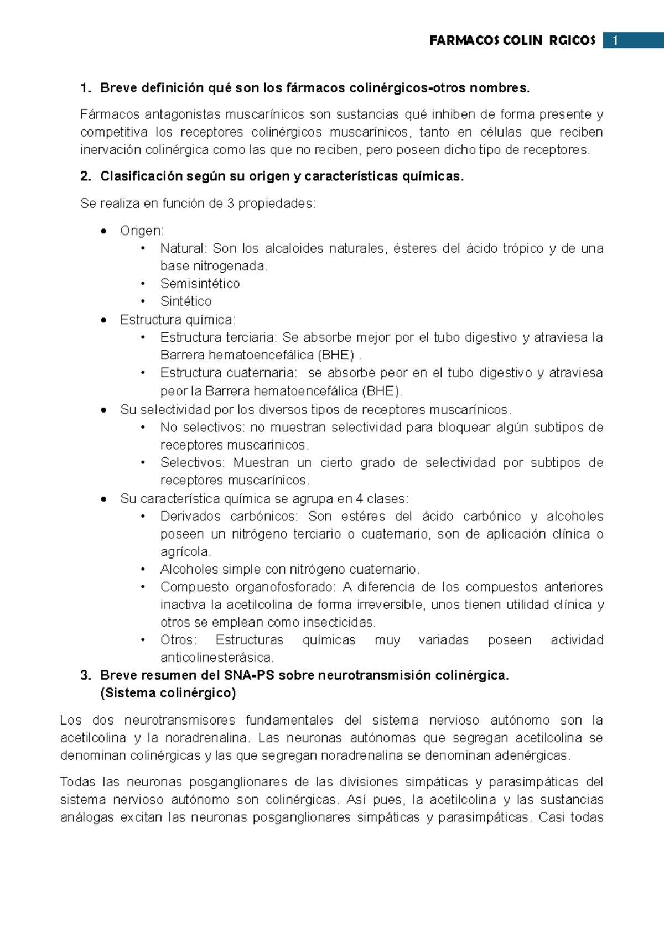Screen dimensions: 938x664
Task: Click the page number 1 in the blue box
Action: point(615,40)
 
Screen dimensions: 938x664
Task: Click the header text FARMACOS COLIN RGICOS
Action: point(512,40)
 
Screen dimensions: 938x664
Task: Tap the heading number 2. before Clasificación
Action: point(85,176)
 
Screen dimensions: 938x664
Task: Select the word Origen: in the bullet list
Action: point(142,231)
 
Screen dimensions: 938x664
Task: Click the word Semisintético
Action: point(200,284)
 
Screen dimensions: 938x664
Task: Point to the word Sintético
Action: point(186,301)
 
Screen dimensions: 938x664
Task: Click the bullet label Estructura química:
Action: point(178,320)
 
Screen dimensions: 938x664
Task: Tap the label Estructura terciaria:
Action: point(219,337)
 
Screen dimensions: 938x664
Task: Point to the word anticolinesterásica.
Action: point(217,658)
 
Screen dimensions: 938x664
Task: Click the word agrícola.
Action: point(185,552)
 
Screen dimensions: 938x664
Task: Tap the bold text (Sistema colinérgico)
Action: point(168,693)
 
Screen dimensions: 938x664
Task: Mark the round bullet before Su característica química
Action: point(103,499)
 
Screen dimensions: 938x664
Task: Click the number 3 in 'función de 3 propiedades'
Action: point(230,204)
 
